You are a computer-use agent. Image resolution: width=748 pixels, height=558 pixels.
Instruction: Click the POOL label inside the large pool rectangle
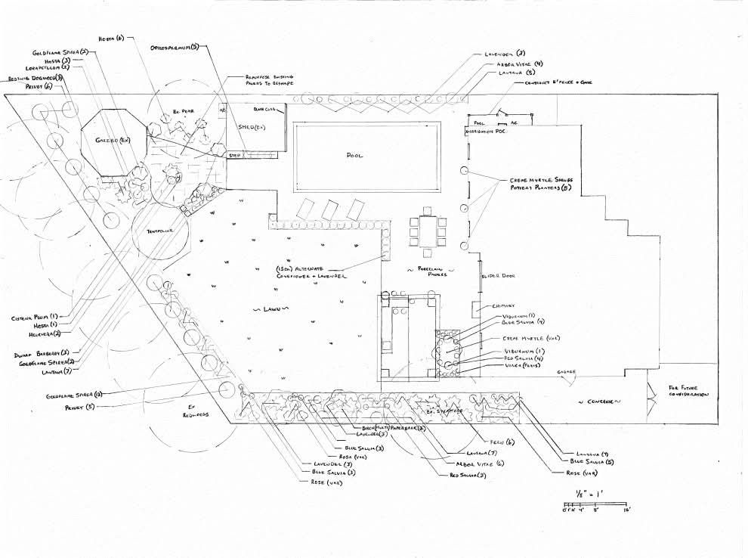(x=355, y=155)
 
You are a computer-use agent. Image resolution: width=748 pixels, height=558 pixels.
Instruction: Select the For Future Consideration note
(x=689, y=391)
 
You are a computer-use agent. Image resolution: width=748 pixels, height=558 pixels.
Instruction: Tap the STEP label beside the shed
(x=236, y=155)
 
